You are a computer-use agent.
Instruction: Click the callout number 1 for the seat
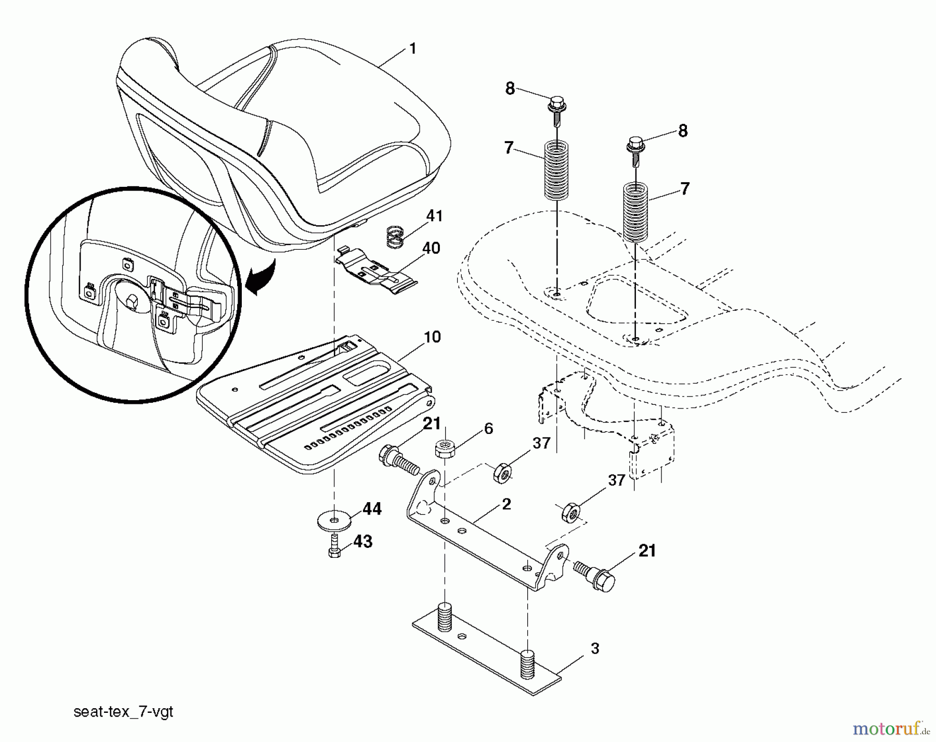tap(412, 49)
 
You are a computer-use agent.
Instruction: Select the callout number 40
tap(431, 248)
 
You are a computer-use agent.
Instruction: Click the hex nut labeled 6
tap(444, 448)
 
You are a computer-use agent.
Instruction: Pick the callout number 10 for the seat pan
tap(432, 337)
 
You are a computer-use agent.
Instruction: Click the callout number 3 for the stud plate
tap(595, 648)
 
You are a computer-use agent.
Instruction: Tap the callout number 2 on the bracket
tap(506, 504)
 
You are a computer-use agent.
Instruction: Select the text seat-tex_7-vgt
tap(123, 712)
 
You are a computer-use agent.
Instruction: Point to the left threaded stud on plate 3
tap(445, 616)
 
